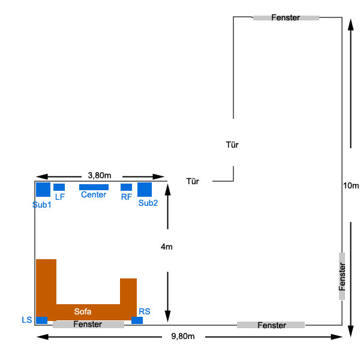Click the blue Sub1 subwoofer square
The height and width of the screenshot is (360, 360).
click(43, 190)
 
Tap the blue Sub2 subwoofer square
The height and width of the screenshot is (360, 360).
click(145, 190)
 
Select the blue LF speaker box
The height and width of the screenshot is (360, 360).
click(59, 187)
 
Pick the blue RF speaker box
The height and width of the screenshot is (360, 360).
click(126, 187)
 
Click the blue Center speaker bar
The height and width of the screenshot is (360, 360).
click(94, 187)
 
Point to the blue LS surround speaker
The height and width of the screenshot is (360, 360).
click(42, 320)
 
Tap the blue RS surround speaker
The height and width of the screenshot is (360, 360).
click(137, 320)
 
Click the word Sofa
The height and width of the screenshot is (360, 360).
click(83, 311)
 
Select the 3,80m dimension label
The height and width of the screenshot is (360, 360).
click(100, 175)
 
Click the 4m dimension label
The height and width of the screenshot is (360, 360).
click(167, 247)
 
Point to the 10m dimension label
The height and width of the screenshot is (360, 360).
click(351, 186)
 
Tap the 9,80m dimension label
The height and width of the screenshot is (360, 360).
click(183, 337)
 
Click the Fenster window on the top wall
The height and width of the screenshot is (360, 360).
click(286, 18)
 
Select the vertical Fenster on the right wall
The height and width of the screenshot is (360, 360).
click(342, 277)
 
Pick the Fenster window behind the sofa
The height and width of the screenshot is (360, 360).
click(88, 325)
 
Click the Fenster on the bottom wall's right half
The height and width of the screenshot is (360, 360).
click(271, 325)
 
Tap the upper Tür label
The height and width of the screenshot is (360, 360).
click(232, 145)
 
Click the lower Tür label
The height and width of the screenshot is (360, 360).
click(193, 181)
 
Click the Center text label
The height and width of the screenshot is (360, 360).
click(94, 195)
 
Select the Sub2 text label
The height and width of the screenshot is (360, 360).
click(148, 203)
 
